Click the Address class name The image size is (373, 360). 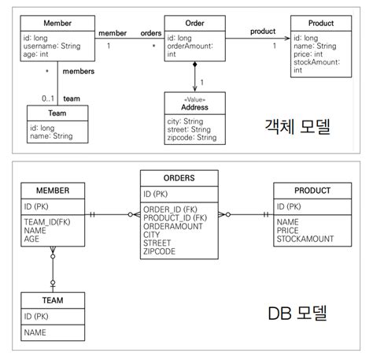click(194, 107)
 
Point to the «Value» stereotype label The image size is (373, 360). click(194, 99)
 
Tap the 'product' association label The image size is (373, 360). click(263, 32)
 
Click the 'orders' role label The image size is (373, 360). click(151, 33)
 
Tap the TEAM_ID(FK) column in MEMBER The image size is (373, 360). click(46, 222)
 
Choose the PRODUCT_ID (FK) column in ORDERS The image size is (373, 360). click(175, 218)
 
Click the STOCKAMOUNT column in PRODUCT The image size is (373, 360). click(305, 239)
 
